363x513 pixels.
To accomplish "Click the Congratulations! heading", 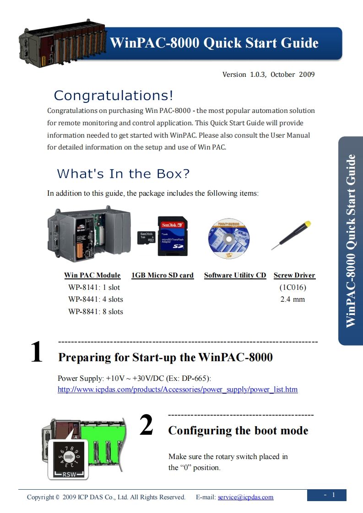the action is [114, 96].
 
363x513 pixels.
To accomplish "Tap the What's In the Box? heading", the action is [123, 174].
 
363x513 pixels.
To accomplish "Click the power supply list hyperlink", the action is [178, 390].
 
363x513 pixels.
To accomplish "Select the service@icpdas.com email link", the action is [246, 497].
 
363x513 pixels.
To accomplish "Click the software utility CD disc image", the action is [229, 239].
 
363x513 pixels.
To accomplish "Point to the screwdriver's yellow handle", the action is [307, 224].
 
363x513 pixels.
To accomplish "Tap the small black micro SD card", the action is [146, 237].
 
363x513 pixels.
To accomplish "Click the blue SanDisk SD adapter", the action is [173, 236].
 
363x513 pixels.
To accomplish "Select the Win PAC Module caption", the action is [92, 275].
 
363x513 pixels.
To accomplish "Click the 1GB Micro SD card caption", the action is [163, 275].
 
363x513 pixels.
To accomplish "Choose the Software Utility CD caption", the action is [235, 275].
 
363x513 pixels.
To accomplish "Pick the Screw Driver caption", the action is [294, 275].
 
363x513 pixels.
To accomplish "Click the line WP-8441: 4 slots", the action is [96, 299].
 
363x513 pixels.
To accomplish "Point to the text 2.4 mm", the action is [293, 299].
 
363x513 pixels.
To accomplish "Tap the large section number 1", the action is [37, 352].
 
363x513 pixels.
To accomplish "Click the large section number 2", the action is [146, 425].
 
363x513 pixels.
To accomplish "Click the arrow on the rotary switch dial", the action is [69, 456].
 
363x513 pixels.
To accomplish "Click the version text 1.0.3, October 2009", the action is [282, 75].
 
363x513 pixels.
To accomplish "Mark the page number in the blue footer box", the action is [334, 495].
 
